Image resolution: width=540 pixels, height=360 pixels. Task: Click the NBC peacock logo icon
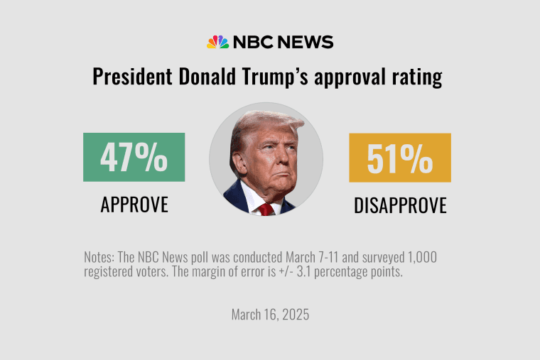[x=217, y=42]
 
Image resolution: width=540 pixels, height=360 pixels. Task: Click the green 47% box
[x=134, y=157]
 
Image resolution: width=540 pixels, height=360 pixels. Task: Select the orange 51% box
[x=399, y=158]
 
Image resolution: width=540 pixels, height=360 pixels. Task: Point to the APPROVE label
[x=134, y=204]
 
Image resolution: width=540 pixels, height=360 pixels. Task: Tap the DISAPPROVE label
[x=400, y=205]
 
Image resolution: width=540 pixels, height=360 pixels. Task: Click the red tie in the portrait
[x=266, y=208]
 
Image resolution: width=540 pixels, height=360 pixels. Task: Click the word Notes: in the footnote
[x=100, y=257]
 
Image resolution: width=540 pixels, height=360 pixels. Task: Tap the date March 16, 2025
[x=270, y=315]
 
